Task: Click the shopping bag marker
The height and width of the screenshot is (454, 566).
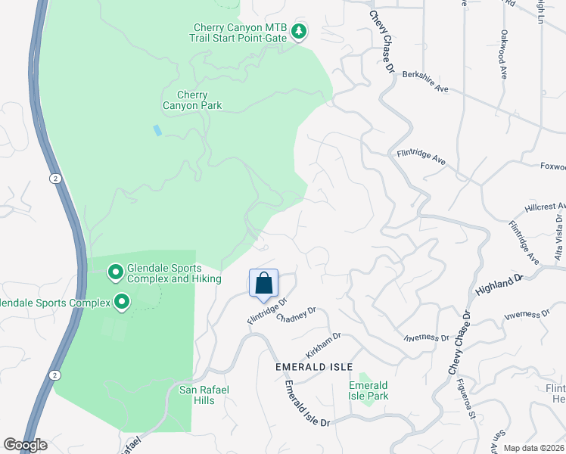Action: coord(263,284)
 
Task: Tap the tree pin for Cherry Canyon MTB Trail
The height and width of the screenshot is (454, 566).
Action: coord(300,31)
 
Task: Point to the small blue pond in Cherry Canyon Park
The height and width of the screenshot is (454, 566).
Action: coord(157,130)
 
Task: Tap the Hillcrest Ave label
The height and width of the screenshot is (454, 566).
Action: coord(545,207)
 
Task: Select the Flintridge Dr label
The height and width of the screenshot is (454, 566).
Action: coord(268,311)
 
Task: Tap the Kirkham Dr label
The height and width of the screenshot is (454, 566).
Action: coord(323,345)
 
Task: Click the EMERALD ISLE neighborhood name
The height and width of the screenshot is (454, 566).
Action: coord(314,367)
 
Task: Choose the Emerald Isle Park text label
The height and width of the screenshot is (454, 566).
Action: coord(369,390)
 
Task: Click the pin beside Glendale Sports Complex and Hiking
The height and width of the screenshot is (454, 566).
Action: coord(115,270)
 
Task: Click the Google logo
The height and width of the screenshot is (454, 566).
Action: coord(25,445)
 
